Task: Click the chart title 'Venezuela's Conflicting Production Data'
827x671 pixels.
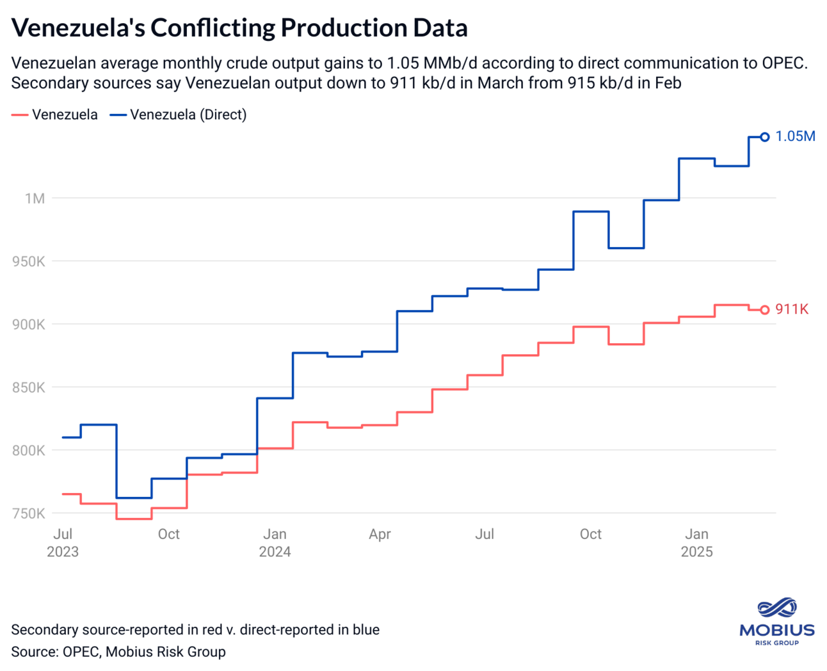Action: [x=239, y=28]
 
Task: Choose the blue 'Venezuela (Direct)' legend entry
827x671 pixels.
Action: [x=179, y=115]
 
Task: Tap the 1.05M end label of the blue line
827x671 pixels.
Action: [x=795, y=136]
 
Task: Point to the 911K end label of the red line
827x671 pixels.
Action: [x=792, y=309]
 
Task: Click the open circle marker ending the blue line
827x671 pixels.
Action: [x=764, y=137]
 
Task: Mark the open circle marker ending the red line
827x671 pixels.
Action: [x=764, y=310]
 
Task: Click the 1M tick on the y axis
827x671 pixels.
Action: [x=35, y=198]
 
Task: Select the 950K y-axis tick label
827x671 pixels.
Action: [x=29, y=261]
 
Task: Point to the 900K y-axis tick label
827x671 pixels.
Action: [x=29, y=325]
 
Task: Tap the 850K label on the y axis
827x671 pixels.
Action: [x=29, y=387]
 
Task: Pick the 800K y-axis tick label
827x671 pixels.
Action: [x=29, y=451]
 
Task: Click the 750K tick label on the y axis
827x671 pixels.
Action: [x=29, y=513]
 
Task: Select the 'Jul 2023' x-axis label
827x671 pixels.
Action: [x=63, y=542]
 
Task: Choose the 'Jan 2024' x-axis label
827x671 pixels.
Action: [x=275, y=542]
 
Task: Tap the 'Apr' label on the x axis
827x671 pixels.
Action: [x=380, y=534]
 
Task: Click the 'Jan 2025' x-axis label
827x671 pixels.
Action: [x=696, y=542]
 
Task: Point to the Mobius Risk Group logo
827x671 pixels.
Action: [x=776, y=621]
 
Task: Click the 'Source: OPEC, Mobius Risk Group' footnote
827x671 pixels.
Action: [x=118, y=652]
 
